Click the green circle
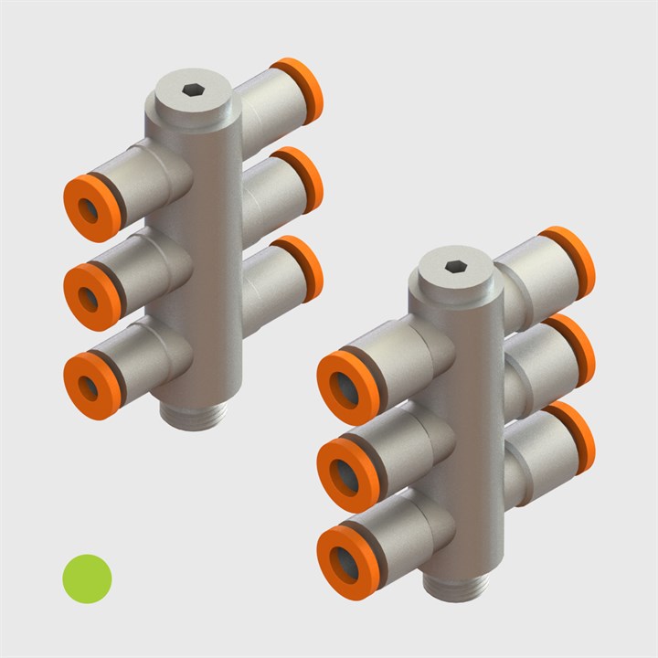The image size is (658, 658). click(86, 578)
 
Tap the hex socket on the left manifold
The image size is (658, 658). click(192, 90)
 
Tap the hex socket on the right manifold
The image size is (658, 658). click(454, 267)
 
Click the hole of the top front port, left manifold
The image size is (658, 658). click(90, 209)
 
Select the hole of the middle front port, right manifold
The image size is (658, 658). click(348, 472)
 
